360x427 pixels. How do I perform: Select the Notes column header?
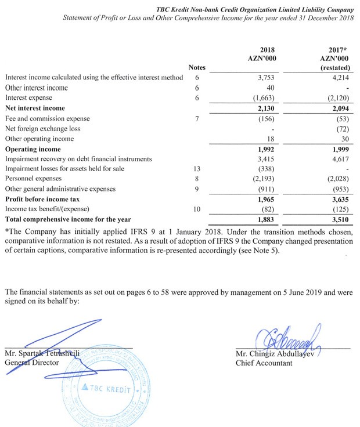pyautogui.click(x=197, y=68)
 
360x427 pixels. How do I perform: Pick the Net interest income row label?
pyautogui.click(x=35, y=108)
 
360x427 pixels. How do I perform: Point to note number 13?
pyautogui.click(x=197, y=169)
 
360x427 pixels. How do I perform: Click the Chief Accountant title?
pyautogui.click(x=264, y=363)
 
